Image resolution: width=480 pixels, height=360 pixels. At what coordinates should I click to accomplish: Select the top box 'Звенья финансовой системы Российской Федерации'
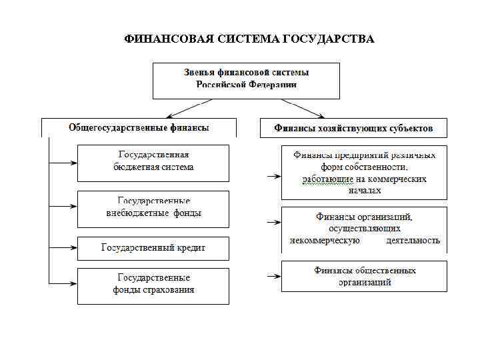click(x=247, y=80)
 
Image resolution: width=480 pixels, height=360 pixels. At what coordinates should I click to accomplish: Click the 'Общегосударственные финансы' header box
click(x=139, y=127)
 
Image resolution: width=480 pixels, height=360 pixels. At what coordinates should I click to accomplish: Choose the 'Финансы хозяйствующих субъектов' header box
click(x=353, y=127)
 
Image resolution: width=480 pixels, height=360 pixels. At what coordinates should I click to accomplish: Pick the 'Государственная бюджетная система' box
click(x=153, y=163)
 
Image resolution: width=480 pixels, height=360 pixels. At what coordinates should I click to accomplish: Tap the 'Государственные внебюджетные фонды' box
click(x=153, y=208)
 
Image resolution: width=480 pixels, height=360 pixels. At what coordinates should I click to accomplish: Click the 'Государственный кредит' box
click(x=153, y=248)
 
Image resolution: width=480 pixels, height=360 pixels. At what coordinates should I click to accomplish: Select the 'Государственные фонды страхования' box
click(x=153, y=285)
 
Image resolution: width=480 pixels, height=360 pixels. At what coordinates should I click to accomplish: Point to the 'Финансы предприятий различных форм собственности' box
click(x=364, y=173)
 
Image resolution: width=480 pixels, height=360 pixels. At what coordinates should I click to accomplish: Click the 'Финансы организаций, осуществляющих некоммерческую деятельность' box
click(x=364, y=229)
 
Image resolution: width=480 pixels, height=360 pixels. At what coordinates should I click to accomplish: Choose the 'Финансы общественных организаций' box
click(x=364, y=276)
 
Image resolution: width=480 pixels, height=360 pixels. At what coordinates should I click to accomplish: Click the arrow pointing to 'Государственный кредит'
click(x=64, y=248)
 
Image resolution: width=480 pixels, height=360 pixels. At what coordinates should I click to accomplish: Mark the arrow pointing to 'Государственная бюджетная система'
click(x=64, y=162)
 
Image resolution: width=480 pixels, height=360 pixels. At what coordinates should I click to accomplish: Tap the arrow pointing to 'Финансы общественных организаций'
click(x=272, y=276)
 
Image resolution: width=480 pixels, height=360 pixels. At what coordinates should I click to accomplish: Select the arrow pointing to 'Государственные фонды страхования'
click(x=64, y=284)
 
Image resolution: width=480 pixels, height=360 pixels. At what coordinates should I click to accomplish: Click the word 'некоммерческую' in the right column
click(x=325, y=241)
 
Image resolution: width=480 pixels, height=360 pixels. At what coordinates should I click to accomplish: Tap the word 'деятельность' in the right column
click(x=413, y=241)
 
